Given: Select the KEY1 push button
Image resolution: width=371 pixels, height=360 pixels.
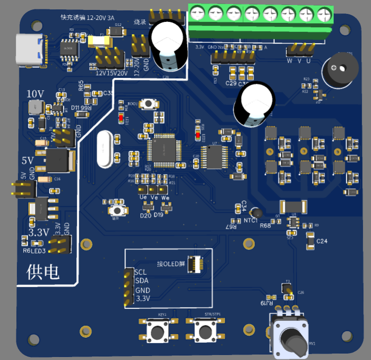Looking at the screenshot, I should (159, 330).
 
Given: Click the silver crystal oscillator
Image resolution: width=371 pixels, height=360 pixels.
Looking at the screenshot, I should (105, 148).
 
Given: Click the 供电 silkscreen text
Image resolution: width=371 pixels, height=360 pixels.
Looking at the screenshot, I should (43, 272).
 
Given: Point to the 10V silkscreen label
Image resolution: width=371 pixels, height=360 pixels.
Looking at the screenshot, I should (35, 94).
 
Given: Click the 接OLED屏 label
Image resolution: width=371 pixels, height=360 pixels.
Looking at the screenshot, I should (171, 264).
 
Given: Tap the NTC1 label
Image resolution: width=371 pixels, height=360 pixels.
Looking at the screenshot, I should (250, 221).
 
